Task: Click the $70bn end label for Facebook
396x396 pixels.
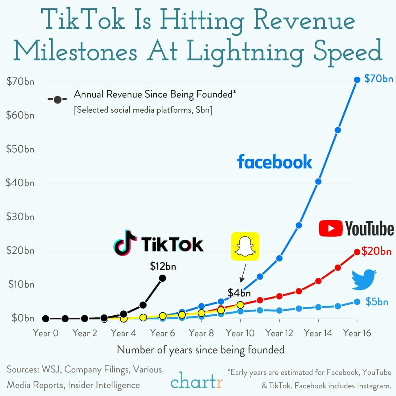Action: (378, 79)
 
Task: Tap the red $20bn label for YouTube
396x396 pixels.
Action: (376, 252)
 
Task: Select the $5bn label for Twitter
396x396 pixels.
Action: (376, 302)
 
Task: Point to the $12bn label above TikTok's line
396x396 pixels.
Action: (163, 266)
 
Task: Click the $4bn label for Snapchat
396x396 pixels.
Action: (239, 293)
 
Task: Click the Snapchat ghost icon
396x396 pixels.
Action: (245, 246)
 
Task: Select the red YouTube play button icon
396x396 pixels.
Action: (330, 228)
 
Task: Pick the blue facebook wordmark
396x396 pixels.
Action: (274, 162)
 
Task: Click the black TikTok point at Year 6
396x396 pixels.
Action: (162, 278)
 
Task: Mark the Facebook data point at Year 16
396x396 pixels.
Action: (357, 80)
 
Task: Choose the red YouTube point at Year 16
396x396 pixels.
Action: (357, 252)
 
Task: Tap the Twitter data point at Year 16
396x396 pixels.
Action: (357, 302)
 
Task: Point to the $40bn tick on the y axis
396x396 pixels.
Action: (20, 183)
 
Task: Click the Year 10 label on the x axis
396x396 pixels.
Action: (240, 333)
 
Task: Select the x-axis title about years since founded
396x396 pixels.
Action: (200, 350)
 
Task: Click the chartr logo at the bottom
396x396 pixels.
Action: (197, 381)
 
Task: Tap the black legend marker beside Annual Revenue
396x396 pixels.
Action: (58, 99)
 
